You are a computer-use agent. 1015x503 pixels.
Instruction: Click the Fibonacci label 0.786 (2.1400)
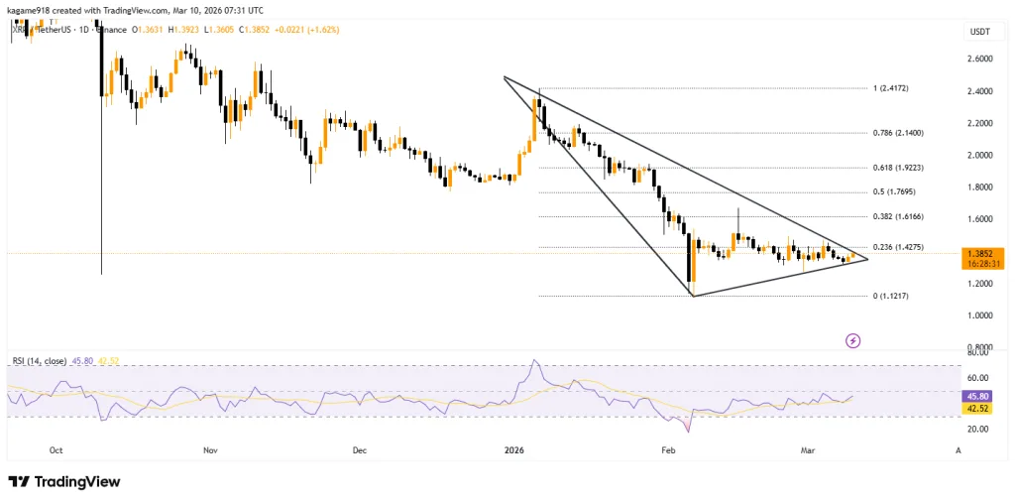(x=898, y=132)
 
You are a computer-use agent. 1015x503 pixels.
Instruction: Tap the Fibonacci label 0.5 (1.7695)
(x=894, y=191)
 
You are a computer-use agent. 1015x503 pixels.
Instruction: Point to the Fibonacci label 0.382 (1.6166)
(x=898, y=216)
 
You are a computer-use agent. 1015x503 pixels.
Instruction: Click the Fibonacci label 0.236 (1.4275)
(x=898, y=247)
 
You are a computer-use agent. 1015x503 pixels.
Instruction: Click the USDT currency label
(x=978, y=33)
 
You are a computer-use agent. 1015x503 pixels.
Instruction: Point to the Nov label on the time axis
(x=210, y=449)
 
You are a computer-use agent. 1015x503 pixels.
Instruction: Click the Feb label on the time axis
(x=668, y=449)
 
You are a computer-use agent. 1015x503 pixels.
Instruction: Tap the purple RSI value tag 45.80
(x=978, y=395)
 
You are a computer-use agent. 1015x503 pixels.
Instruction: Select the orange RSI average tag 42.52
(x=978, y=407)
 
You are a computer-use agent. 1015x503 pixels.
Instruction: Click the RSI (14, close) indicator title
(x=44, y=360)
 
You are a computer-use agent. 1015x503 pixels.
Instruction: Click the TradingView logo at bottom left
(x=64, y=481)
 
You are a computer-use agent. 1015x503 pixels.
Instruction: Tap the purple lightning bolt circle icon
(x=852, y=340)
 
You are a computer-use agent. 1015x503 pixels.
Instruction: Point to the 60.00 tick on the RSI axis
(x=978, y=377)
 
